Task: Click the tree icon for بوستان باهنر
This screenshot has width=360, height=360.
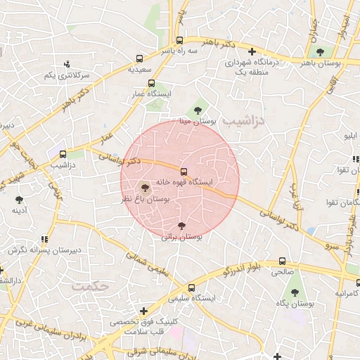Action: tap(321, 51)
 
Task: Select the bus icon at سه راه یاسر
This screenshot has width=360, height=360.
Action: tap(179, 40)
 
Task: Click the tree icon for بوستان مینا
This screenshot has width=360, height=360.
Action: tap(198, 109)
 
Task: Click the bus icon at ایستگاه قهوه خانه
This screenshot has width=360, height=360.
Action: tap(184, 171)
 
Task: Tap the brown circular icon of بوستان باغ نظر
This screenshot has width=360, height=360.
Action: tap(145, 188)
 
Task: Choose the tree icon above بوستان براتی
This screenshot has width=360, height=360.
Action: tap(182, 226)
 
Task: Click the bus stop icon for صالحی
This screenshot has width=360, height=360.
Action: tap(283, 259)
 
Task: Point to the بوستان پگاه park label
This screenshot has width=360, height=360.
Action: tap(294, 303)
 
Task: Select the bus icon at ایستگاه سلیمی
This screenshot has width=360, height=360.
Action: tap(191, 287)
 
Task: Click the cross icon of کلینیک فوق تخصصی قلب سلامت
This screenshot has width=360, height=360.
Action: tap(144, 310)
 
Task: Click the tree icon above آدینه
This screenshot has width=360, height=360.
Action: tap(18, 199)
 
